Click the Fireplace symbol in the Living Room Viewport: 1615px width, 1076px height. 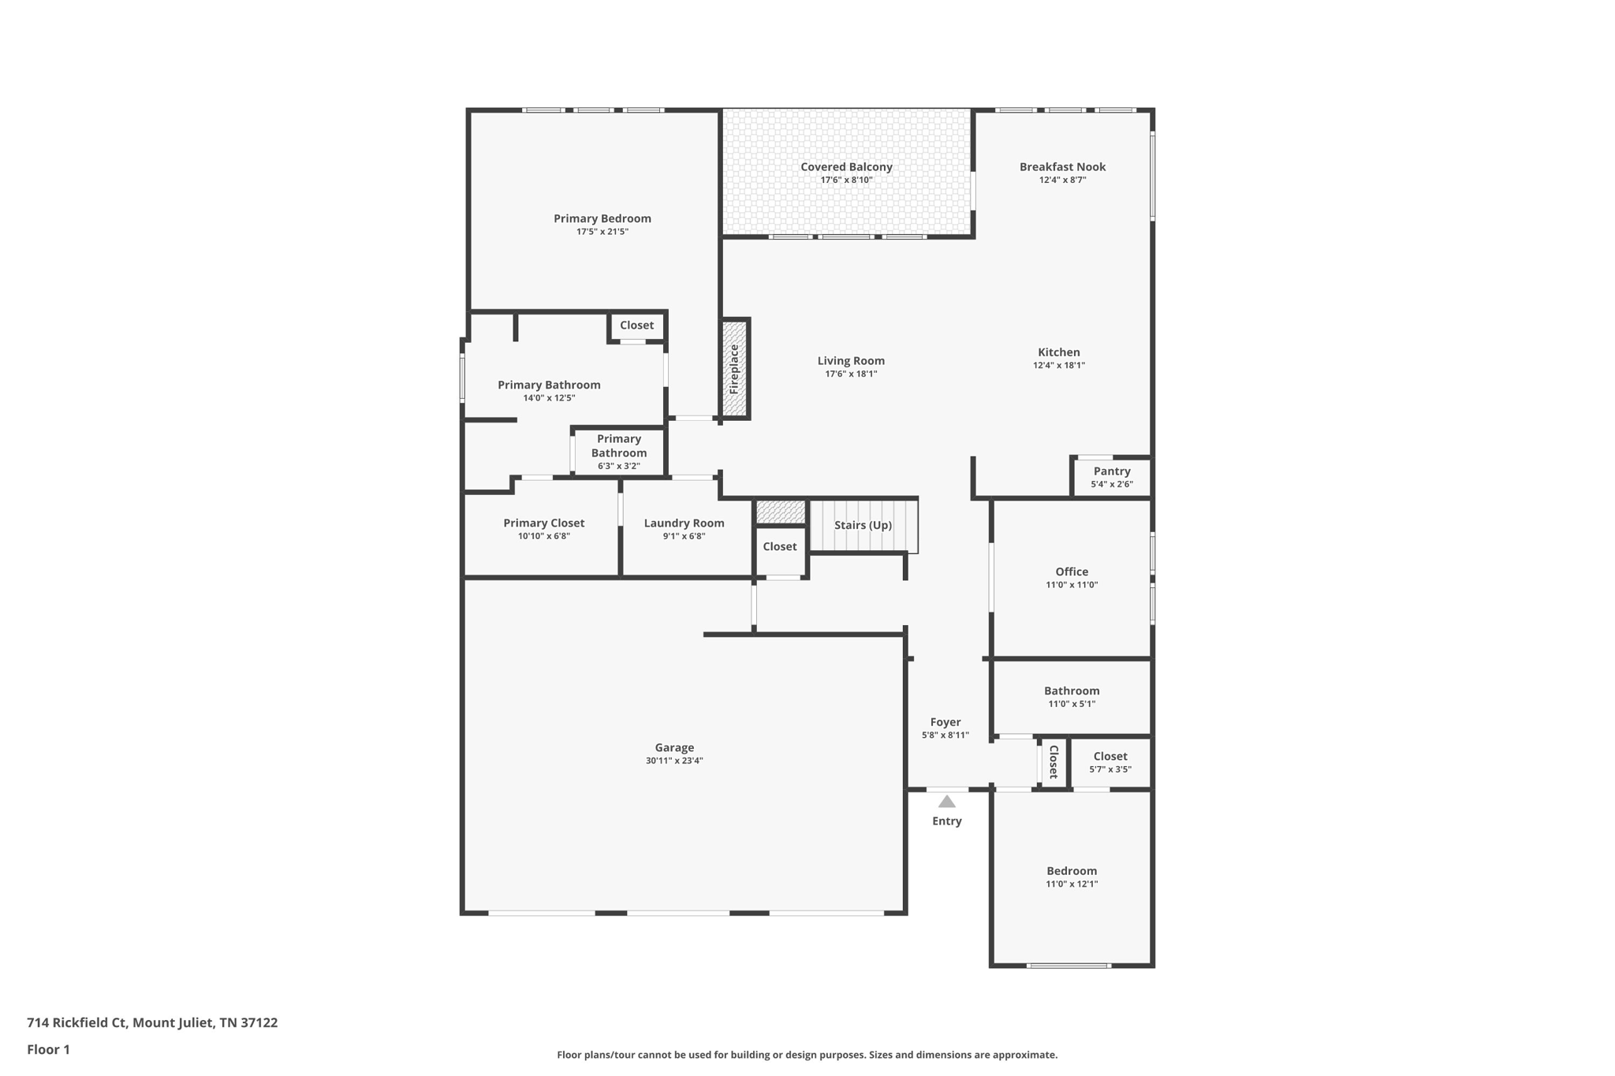click(x=734, y=368)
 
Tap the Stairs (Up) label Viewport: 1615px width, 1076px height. click(x=863, y=525)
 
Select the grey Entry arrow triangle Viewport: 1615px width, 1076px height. click(x=946, y=802)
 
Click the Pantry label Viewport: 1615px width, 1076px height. click(x=1111, y=471)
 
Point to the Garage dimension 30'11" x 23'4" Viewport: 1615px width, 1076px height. click(x=673, y=761)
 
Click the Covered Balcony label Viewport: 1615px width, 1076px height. click(x=846, y=167)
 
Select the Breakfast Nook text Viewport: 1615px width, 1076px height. click(x=1062, y=167)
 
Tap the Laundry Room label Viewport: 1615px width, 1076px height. click(x=684, y=523)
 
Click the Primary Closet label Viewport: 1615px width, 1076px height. click(x=543, y=523)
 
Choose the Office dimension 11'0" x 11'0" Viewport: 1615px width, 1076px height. click(x=1071, y=585)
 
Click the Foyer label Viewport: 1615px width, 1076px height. click(x=945, y=722)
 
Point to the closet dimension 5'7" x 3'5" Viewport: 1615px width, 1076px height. click(x=1110, y=769)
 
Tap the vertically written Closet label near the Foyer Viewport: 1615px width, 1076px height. click(x=1053, y=762)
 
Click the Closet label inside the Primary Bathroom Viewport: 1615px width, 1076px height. click(x=636, y=326)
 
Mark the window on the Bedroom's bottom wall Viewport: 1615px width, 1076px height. click(x=1069, y=966)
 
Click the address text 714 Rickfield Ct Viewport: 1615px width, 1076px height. click(x=76, y=1023)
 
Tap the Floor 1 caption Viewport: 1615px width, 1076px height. click(x=48, y=1050)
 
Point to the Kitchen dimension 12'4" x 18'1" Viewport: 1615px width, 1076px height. click(x=1058, y=365)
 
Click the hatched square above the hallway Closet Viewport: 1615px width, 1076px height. click(x=780, y=512)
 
